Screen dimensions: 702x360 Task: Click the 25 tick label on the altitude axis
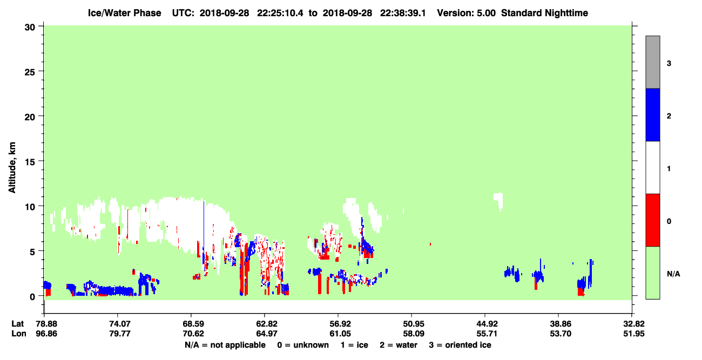click(x=30, y=72)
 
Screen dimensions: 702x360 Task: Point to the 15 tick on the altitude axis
click(x=40, y=161)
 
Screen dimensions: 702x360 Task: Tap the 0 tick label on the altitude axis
click(x=32, y=296)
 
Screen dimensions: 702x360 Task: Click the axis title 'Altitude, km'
click(x=12, y=167)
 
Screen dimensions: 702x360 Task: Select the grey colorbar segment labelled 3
click(x=652, y=62)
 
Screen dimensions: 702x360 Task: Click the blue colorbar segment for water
click(x=652, y=114)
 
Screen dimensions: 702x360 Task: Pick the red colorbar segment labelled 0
click(x=652, y=220)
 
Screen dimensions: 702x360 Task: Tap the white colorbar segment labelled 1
click(x=652, y=167)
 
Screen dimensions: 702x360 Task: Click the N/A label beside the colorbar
click(x=673, y=274)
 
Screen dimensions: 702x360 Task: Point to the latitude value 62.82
click(x=266, y=324)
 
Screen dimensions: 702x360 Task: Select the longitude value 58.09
click(x=413, y=334)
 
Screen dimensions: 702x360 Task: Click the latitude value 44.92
click(x=487, y=324)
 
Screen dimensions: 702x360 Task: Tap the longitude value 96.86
click(x=46, y=334)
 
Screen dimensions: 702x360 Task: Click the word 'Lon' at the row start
click(x=19, y=334)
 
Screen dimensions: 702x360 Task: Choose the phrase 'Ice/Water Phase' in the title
click(x=124, y=13)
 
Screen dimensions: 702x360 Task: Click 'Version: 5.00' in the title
click(x=467, y=13)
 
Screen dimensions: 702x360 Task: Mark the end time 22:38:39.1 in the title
click(x=403, y=13)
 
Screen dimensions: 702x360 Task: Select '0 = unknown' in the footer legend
click(x=303, y=345)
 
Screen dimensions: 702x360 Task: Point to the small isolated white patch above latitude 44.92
click(x=498, y=201)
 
